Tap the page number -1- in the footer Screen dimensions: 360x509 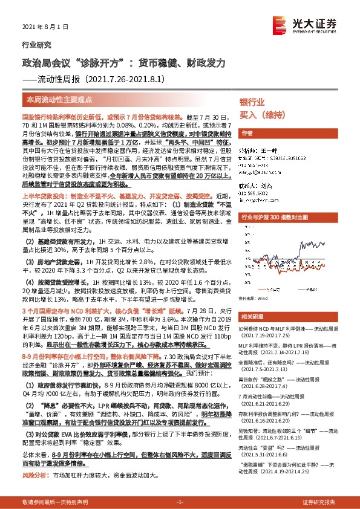tap(179, 502)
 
